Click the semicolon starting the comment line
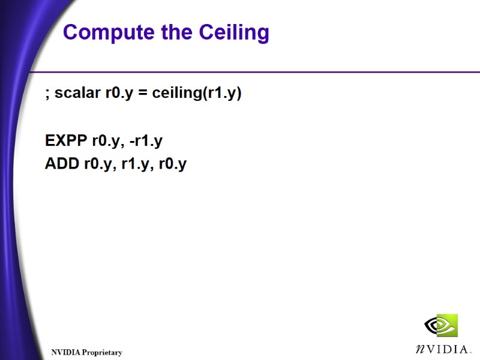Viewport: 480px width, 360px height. pos(47,95)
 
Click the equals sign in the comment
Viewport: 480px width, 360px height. pos(142,94)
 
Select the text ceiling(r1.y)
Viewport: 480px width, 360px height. pos(197,94)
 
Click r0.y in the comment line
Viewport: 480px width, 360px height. pos(118,94)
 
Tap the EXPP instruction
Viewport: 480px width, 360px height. pos(65,141)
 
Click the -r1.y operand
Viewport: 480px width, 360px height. pos(146,142)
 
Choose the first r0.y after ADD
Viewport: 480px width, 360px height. pos(98,164)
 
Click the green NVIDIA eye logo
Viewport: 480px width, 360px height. pos(441,325)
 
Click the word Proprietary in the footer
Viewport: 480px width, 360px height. pos(102,352)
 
